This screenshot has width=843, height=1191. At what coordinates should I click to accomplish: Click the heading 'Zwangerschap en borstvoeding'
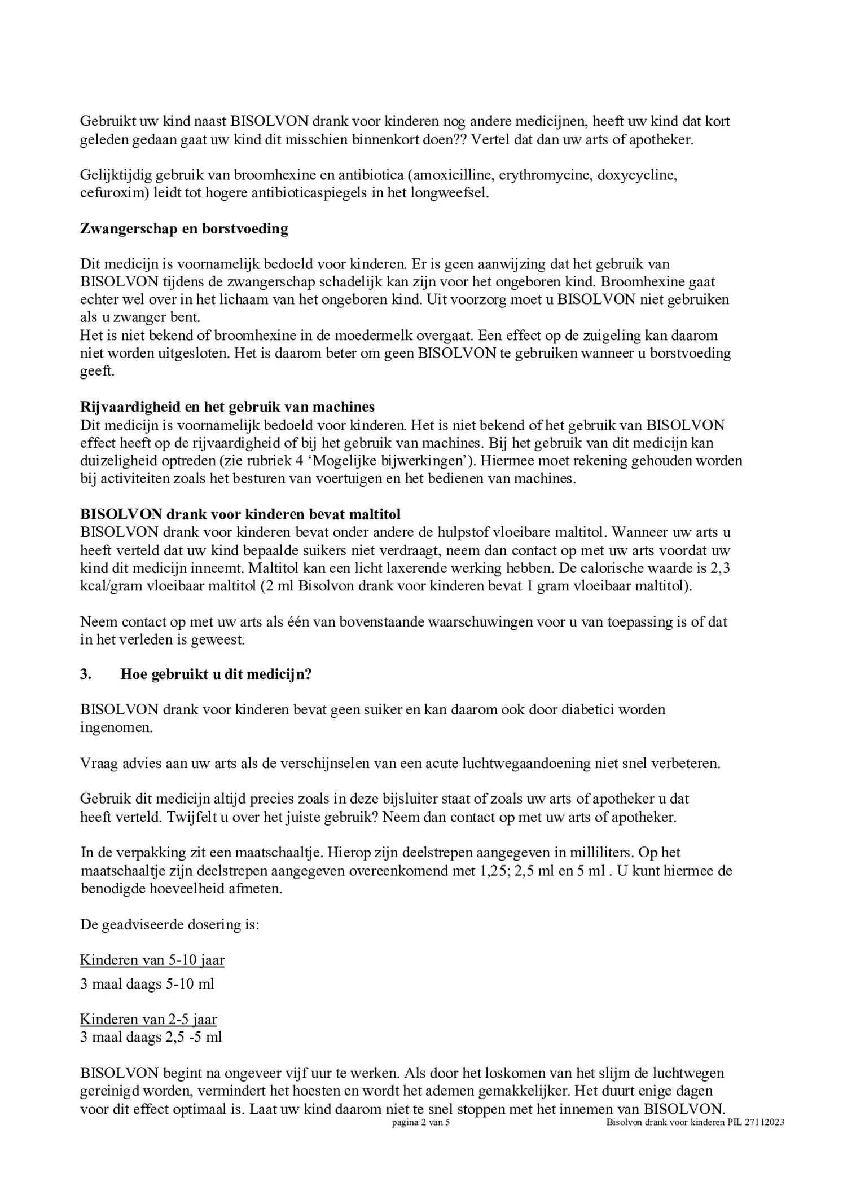(x=184, y=229)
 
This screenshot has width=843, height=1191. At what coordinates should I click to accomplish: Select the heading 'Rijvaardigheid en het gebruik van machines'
(x=227, y=407)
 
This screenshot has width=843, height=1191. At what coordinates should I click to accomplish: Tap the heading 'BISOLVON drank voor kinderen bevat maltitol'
(x=240, y=514)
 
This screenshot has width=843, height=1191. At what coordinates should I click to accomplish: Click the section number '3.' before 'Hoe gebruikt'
(x=86, y=674)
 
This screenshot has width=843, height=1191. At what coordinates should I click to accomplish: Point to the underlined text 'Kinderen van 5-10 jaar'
(x=152, y=960)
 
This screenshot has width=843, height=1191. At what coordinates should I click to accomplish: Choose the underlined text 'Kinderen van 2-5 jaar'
(x=148, y=1019)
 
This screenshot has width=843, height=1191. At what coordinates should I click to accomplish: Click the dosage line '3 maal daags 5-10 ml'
(x=147, y=984)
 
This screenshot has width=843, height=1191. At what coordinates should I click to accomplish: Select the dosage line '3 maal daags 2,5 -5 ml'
(x=151, y=1037)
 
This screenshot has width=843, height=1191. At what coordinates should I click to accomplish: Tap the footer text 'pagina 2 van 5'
(x=421, y=1123)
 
